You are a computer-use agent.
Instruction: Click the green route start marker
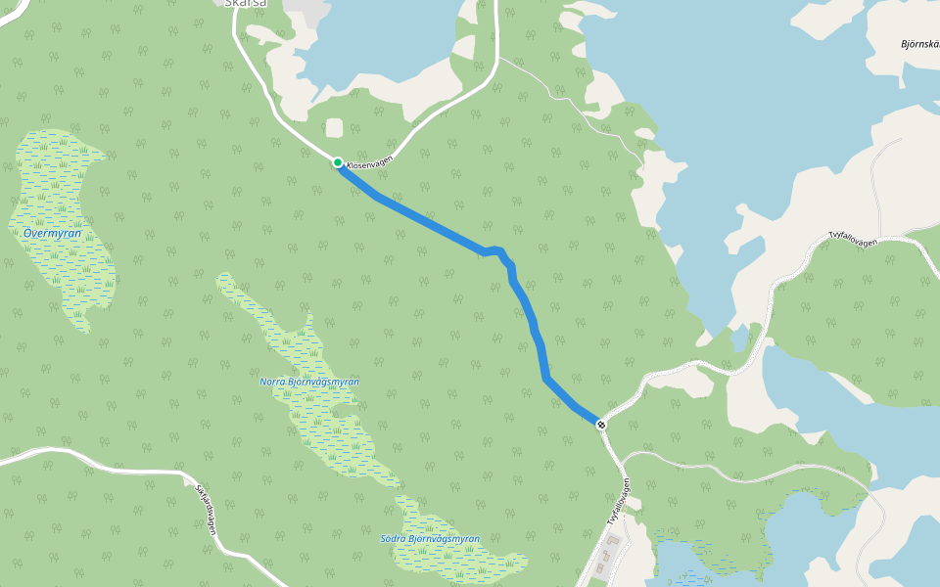[337, 162]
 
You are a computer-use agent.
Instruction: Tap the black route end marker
[600, 424]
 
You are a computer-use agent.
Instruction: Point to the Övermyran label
[51, 234]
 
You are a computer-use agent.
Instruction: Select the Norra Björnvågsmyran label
[309, 382]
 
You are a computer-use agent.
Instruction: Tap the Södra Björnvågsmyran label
[430, 539]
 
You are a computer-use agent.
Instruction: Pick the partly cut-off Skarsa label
[245, 4]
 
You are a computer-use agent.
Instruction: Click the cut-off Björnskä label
[919, 44]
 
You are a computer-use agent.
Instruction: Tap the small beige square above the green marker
[335, 128]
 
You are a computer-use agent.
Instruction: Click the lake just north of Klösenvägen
[382, 49]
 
